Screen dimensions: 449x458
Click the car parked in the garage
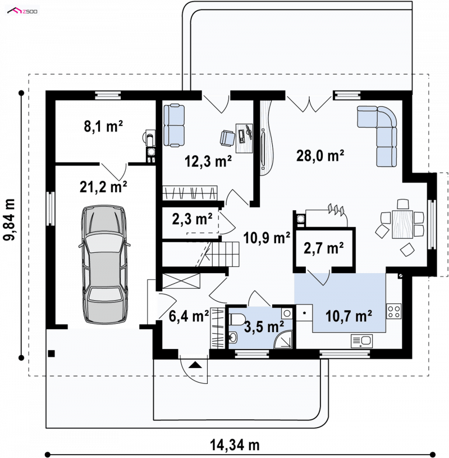105,264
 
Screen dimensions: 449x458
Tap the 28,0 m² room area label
320,156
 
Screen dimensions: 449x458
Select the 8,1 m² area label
103,126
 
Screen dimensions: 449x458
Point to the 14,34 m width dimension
235,446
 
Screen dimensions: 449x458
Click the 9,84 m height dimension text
9,219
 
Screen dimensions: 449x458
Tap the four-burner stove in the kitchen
394,311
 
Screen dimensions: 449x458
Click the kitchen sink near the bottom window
362,341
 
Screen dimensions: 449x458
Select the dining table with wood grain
402,224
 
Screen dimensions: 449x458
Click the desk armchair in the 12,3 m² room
227,138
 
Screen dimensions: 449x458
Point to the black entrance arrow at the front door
195,365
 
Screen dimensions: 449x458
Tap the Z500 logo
22,11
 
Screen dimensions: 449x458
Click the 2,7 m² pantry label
323,248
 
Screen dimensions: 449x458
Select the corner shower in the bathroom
283,339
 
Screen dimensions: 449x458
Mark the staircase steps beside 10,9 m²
223,254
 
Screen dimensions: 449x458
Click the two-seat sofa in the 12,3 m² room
174,125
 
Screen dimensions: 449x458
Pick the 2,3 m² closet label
192,219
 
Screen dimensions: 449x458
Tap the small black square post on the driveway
51,353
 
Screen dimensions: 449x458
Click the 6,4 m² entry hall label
189,315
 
